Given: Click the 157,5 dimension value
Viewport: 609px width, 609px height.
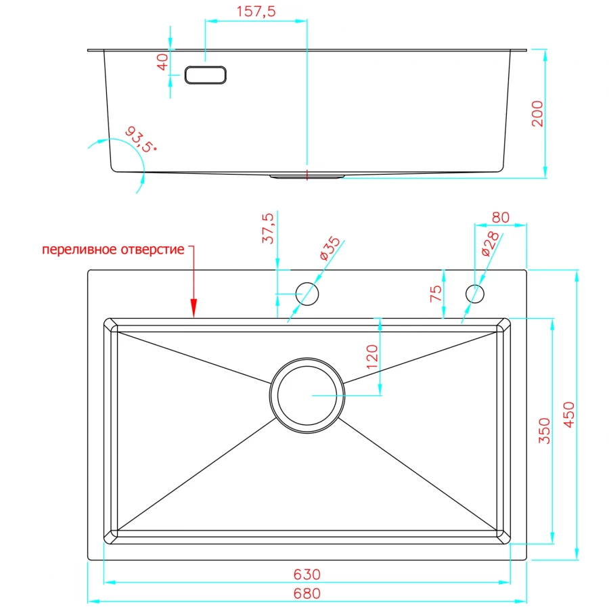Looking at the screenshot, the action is (x=256, y=12).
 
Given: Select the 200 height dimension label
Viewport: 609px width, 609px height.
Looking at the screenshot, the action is (x=537, y=114).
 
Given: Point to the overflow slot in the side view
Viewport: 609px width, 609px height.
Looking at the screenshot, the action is (x=206, y=75).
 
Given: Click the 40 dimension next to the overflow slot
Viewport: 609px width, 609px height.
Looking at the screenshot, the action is (x=162, y=62).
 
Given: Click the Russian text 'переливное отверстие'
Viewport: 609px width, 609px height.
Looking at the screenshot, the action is (x=113, y=249).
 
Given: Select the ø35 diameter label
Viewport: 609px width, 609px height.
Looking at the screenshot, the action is (x=330, y=248).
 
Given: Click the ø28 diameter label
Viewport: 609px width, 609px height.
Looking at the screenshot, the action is (x=490, y=244).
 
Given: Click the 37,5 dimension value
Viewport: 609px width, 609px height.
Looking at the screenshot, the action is (x=268, y=229).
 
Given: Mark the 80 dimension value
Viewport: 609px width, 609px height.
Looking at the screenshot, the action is (x=500, y=217).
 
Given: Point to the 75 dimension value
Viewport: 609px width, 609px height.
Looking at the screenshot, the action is (x=436, y=294).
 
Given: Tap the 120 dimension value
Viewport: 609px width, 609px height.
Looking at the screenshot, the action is (x=372, y=357).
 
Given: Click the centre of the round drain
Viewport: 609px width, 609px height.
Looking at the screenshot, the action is (x=307, y=396).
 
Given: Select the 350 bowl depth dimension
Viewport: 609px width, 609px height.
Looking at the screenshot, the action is (x=545, y=431).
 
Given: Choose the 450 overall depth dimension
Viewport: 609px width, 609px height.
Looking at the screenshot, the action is (x=568, y=415).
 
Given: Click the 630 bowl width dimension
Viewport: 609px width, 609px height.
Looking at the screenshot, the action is (x=307, y=574).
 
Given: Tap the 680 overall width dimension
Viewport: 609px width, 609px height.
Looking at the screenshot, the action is (x=307, y=593).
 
